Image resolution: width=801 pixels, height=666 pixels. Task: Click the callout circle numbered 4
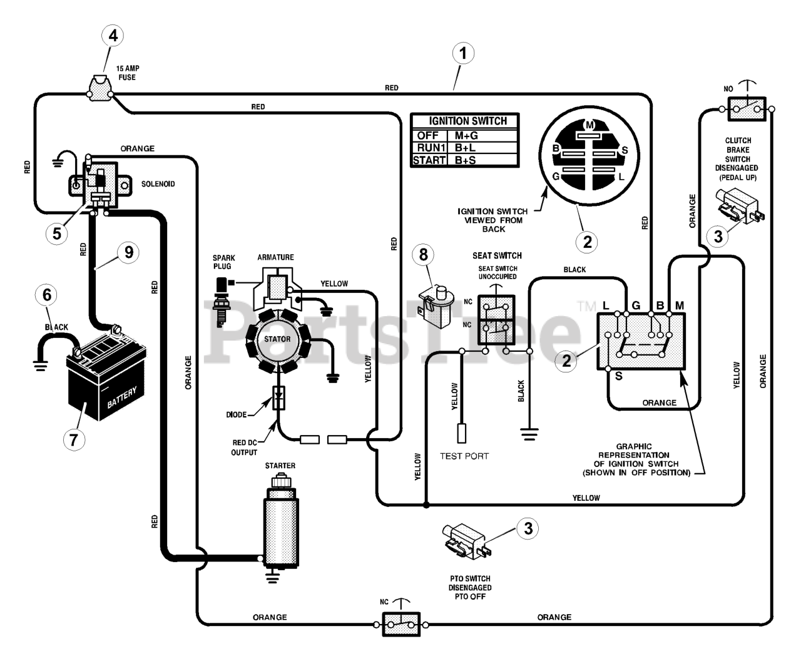113,36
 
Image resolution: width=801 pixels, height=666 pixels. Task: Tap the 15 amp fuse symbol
99,88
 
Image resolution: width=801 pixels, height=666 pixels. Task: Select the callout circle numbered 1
463,53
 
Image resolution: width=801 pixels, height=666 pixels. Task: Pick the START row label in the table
429,160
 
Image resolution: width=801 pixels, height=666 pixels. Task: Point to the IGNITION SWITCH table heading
467,121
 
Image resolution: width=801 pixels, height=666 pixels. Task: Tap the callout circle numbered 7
74,439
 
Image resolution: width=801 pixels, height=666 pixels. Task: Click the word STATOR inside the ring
277,339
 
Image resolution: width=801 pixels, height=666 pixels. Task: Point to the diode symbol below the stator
278,398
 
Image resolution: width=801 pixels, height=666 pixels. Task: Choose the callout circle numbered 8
423,254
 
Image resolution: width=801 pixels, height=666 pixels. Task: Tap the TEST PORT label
464,456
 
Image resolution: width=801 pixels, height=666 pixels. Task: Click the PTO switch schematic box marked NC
401,625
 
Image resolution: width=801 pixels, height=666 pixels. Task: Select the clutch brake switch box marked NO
747,109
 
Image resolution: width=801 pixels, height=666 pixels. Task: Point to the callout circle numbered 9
129,252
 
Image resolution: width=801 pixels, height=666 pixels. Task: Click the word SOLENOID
158,184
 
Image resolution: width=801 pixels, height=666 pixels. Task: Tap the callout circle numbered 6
47,295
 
